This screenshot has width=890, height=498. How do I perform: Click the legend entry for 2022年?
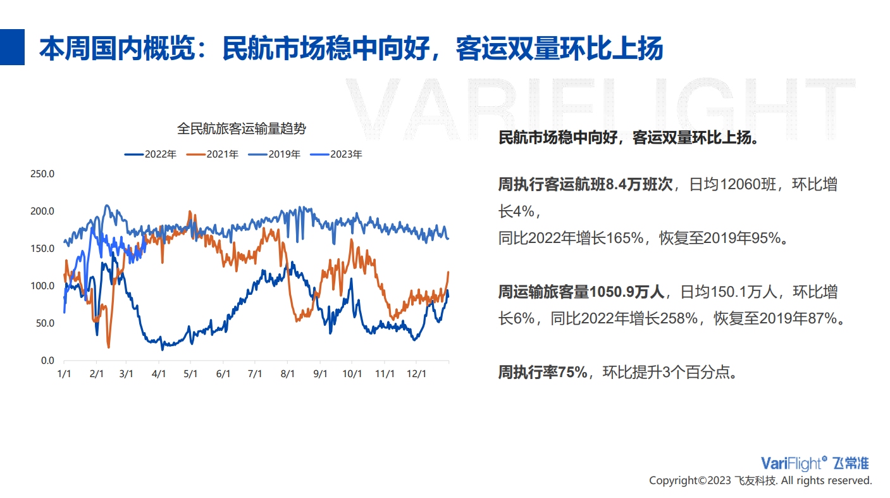coord(150,154)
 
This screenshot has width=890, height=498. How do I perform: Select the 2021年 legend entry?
coord(212,154)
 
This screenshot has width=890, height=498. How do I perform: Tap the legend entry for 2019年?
coord(274,154)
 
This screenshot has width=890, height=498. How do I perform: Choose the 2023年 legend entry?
coord(336,154)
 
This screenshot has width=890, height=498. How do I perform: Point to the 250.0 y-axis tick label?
coord(42,173)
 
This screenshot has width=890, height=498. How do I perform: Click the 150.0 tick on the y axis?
coord(42,249)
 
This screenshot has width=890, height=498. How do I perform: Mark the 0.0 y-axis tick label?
coord(47,361)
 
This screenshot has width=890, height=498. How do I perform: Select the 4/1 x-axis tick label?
coord(159,374)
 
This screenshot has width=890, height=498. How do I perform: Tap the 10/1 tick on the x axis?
coord(352,374)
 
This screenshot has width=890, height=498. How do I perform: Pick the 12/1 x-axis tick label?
coord(416,374)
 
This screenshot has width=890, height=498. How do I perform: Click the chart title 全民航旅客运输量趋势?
coord(242,128)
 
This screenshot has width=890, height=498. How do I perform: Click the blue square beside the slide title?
coord(12,47)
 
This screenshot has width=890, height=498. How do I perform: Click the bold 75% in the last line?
coord(572,373)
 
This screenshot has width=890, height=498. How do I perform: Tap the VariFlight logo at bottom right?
coord(815,463)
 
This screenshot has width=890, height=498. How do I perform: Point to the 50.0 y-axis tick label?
coord(45,323)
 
